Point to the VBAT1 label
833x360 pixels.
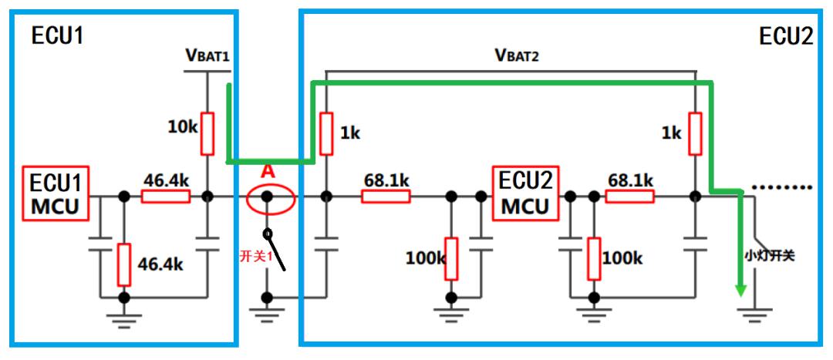[x=207, y=56]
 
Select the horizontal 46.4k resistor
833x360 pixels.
[x=165, y=197]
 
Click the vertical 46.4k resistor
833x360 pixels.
[x=123, y=263]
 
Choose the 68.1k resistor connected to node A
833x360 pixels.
[x=386, y=197]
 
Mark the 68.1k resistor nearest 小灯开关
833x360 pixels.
[x=630, y=197]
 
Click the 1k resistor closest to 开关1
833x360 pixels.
[x=326, y=133]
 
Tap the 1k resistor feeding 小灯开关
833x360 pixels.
[x=695, y=133]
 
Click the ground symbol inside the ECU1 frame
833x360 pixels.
[x=123, y=316]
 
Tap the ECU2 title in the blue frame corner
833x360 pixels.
[x=784, y=36]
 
